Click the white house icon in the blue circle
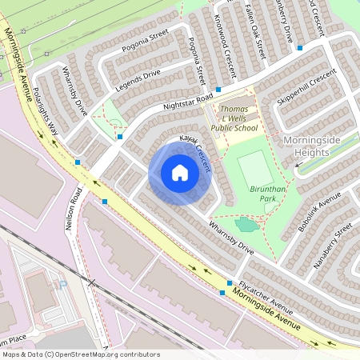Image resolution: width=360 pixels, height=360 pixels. (180, 173)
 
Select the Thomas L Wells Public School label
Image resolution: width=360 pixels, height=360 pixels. (234, 118)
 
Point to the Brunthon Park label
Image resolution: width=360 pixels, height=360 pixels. (268, 192)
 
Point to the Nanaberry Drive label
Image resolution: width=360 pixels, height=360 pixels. (285, 22)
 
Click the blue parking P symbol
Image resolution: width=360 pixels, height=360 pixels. (62, 284)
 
